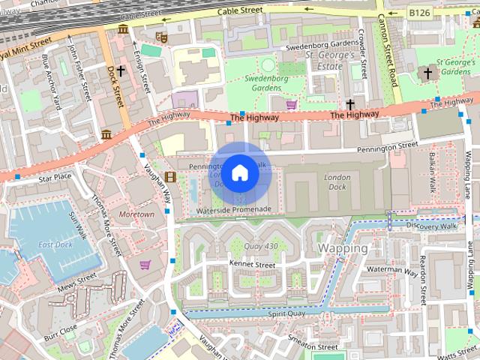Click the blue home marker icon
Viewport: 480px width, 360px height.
pos(239,173)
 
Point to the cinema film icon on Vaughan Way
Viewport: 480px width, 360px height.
pos(171,178)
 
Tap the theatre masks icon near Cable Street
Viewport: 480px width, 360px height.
pos(160,35)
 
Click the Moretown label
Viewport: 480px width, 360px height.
pos(136,214)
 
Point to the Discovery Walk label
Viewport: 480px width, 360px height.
pos(431,226)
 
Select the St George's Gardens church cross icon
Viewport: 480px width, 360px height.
pos(428,73)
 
